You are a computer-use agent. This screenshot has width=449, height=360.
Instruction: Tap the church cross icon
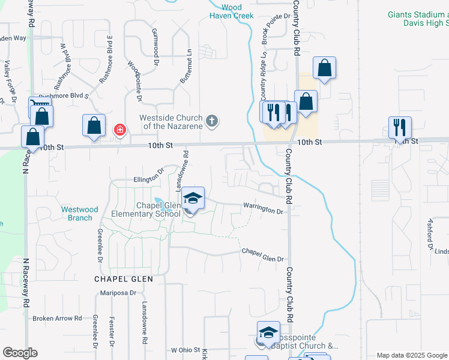(211, 121)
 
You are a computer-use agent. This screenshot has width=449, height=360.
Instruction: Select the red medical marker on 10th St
(120, 130)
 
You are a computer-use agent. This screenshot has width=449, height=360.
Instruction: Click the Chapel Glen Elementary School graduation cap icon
(193, 199)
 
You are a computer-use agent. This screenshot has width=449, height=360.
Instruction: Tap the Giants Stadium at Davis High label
(418, 19)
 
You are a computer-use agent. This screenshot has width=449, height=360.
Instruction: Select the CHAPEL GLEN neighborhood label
(124, 279)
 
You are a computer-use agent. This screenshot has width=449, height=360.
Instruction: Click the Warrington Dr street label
(263, 209)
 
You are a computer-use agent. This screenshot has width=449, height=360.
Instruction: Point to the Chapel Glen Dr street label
(262, 256)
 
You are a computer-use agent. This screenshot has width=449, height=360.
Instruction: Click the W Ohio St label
(185, 350)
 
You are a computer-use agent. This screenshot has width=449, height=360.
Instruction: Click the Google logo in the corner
(20, 353)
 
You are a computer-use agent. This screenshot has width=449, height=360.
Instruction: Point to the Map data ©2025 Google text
(411, 355)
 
